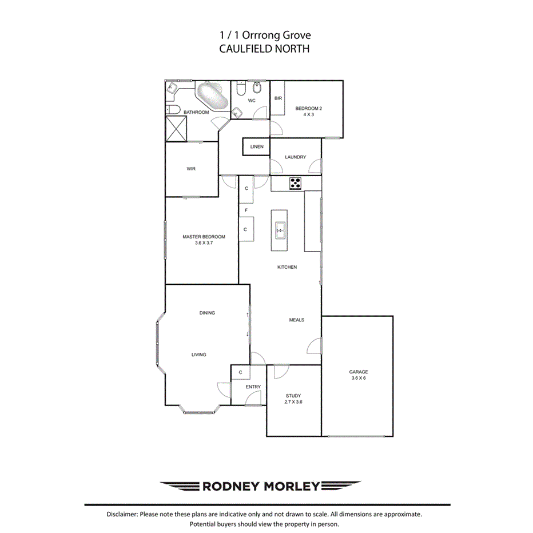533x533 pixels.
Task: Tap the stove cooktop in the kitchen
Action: pos(295,184)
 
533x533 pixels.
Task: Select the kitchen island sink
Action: pos(280,230)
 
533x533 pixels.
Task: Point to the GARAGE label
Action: pos(359,372)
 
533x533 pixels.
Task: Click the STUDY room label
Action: pos(293,395)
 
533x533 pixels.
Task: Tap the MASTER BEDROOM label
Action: pos(204,237)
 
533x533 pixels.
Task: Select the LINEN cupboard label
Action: pos(257,147)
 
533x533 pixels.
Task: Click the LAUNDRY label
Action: pos(295,157)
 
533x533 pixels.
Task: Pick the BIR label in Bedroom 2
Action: pos(278,98)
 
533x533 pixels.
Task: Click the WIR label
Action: pos(191,169)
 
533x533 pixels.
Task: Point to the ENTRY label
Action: pos(253,387)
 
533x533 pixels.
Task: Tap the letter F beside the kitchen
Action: pos(245,210)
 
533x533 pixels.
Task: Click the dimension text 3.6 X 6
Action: pos(359,379)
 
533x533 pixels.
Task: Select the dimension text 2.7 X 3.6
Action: pos(293,402)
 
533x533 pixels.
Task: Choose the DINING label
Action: pos(207,313)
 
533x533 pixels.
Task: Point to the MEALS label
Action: pos(296,320)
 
